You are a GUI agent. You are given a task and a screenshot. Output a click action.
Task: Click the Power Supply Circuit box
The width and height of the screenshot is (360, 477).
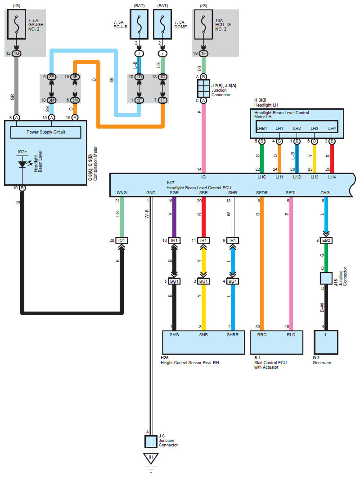[x=45, y=132]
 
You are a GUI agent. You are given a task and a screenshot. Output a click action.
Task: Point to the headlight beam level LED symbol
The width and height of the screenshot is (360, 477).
[x=22, y=164]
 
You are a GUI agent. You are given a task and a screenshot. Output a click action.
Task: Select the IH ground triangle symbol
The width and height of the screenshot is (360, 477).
[x=151, y=459]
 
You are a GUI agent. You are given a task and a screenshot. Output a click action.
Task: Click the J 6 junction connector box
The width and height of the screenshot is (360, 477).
[x=151, y=441]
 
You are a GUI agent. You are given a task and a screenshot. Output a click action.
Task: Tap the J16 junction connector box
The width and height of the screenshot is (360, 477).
[x=326, y=278]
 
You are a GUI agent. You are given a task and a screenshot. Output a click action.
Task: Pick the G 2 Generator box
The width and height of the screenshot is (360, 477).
[x=326, y=342]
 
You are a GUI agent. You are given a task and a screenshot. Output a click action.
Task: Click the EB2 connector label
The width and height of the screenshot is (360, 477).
[x=326, y=240]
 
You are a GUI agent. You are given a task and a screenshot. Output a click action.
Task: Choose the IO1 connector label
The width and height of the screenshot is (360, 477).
[x=122, y=240]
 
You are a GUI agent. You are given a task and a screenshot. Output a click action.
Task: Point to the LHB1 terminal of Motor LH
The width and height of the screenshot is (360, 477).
[x=262, y=129]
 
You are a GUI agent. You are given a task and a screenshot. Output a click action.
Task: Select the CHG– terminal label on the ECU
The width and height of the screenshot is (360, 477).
[x=325, y=192]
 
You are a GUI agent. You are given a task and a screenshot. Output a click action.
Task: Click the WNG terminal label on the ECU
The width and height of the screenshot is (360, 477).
[x=121, y=192]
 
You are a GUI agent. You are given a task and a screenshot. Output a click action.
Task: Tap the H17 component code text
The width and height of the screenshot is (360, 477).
[x=170, y=183]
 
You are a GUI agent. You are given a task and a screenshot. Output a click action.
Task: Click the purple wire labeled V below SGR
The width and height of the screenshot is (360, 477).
[x=175, y=216]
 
